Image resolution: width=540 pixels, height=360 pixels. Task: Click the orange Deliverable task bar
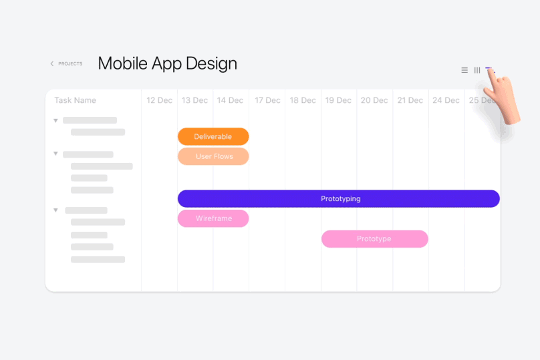click(213, 137)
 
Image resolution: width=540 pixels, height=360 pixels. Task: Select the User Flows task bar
click(213, 156)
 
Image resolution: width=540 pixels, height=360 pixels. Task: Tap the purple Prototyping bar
click(339, 198)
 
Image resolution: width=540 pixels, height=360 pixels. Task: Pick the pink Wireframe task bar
click(213, 218)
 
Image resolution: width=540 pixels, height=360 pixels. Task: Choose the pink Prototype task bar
click(375, 239)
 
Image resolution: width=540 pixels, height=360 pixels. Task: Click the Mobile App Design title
click(168, 63)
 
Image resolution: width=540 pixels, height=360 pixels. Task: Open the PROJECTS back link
click(66, 63)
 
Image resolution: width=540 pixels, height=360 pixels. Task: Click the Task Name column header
click(75, 100)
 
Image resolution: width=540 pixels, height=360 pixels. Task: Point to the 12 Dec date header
click(160, 100)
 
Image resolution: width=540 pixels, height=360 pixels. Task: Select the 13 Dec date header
click(195, 100)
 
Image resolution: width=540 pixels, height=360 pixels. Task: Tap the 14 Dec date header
click(230, 100)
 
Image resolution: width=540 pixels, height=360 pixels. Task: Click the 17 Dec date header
click(267, 100)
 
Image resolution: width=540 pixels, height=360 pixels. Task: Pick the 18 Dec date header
click(303, 100)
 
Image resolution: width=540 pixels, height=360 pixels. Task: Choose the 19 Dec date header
click(338, 100)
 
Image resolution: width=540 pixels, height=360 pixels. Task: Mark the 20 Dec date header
click(374, 100)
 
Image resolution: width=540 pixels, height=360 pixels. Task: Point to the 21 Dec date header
click(410, 100)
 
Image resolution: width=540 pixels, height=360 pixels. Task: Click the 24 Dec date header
click(446, 100)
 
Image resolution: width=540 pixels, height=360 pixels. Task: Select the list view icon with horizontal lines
click(464, 70)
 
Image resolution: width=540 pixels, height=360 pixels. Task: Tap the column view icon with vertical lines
click(477, 70)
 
